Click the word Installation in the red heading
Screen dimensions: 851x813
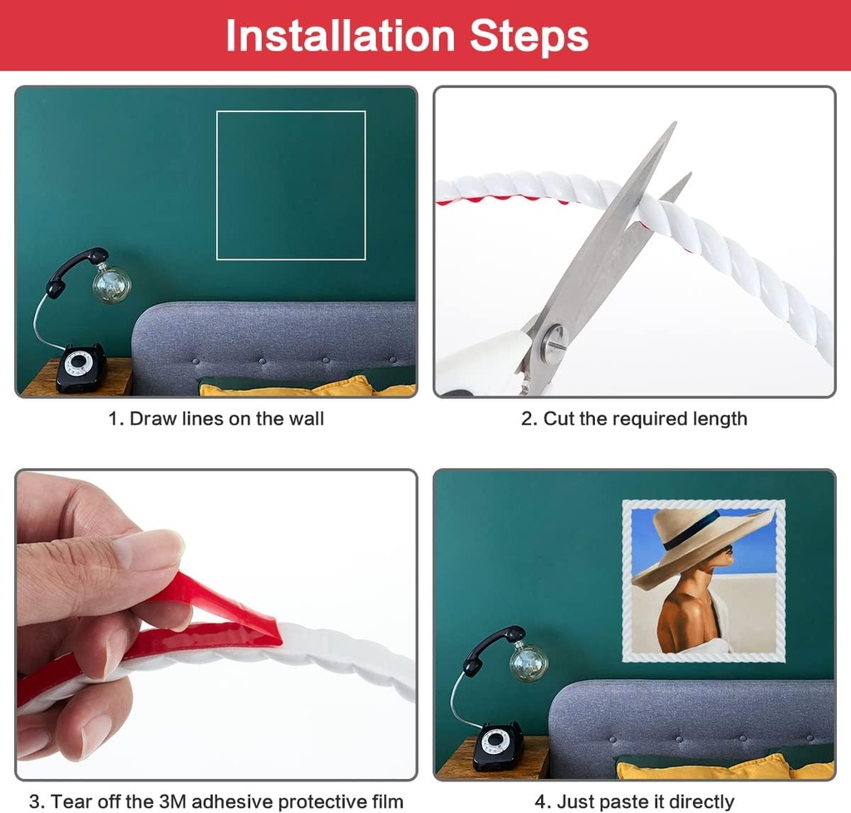(340, 37)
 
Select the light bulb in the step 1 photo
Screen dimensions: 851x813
(112, 283)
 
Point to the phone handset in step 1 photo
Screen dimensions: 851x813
(77, 271)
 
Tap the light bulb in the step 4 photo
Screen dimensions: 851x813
(529, 661)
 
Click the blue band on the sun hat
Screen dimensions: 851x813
(689, 530)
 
